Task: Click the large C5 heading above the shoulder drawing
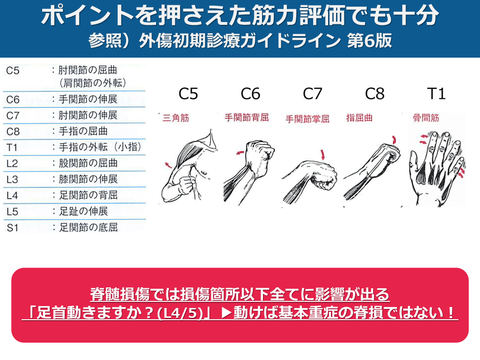(188, 94)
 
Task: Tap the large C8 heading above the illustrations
(375, 94)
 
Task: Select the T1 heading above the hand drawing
(436, 94)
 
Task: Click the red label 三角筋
(176, 118)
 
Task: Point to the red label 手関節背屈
(247, 118)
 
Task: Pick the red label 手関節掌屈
(307, 119)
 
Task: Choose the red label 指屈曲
(360, 118)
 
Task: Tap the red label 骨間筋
(426, 118)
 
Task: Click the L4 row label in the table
(12, 195)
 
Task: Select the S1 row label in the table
(13, 228)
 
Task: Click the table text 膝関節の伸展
(88, 179)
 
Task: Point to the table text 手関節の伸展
(88, 99)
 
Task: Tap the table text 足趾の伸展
(83, 211)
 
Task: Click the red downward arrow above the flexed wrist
(322, 154)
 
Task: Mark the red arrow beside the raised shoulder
(168, 165)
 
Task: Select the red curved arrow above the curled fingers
(394, 140)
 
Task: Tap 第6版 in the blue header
(369, 41)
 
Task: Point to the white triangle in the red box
(226, 313)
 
